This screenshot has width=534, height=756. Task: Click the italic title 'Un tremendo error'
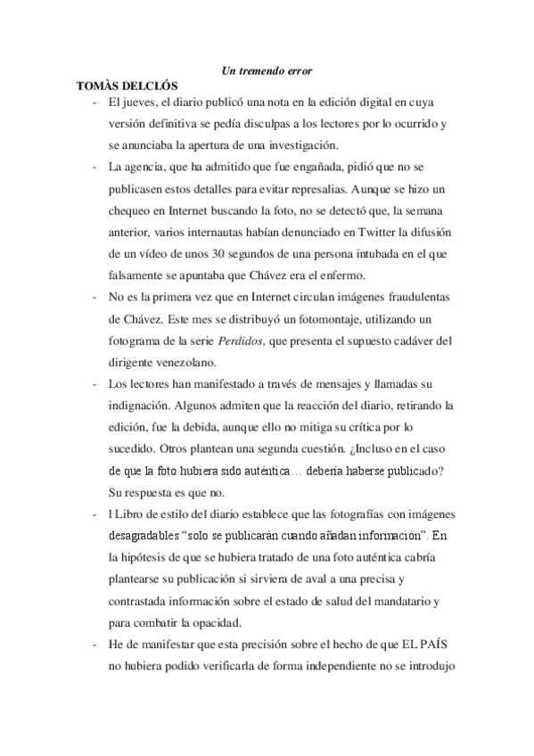pyautogui.click(x=267, y=70)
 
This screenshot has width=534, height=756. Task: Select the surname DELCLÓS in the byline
pyautogui.click(x=152, y=86)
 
